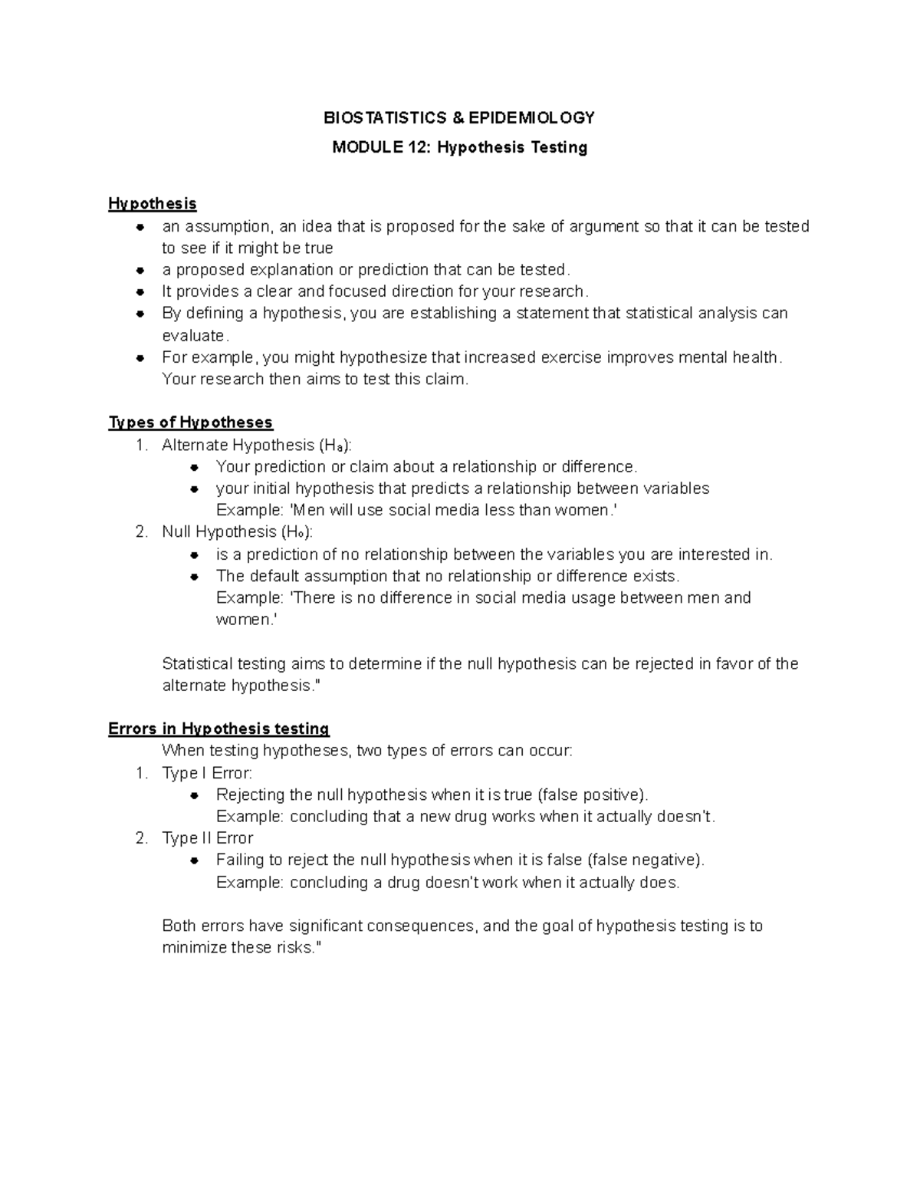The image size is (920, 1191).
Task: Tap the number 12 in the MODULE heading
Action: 416,147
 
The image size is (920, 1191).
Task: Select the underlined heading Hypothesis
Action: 153,204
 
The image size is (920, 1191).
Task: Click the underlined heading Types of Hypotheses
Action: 191,423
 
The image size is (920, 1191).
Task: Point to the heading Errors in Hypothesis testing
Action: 219,729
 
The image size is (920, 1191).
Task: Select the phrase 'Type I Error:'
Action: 207,773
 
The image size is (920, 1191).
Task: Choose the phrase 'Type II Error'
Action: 207,838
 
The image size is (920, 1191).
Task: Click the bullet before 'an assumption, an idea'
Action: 140,227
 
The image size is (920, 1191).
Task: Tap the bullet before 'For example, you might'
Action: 140,358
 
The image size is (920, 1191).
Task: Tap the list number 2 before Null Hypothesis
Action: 141,532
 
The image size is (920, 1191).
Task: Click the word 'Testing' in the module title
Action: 557,147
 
